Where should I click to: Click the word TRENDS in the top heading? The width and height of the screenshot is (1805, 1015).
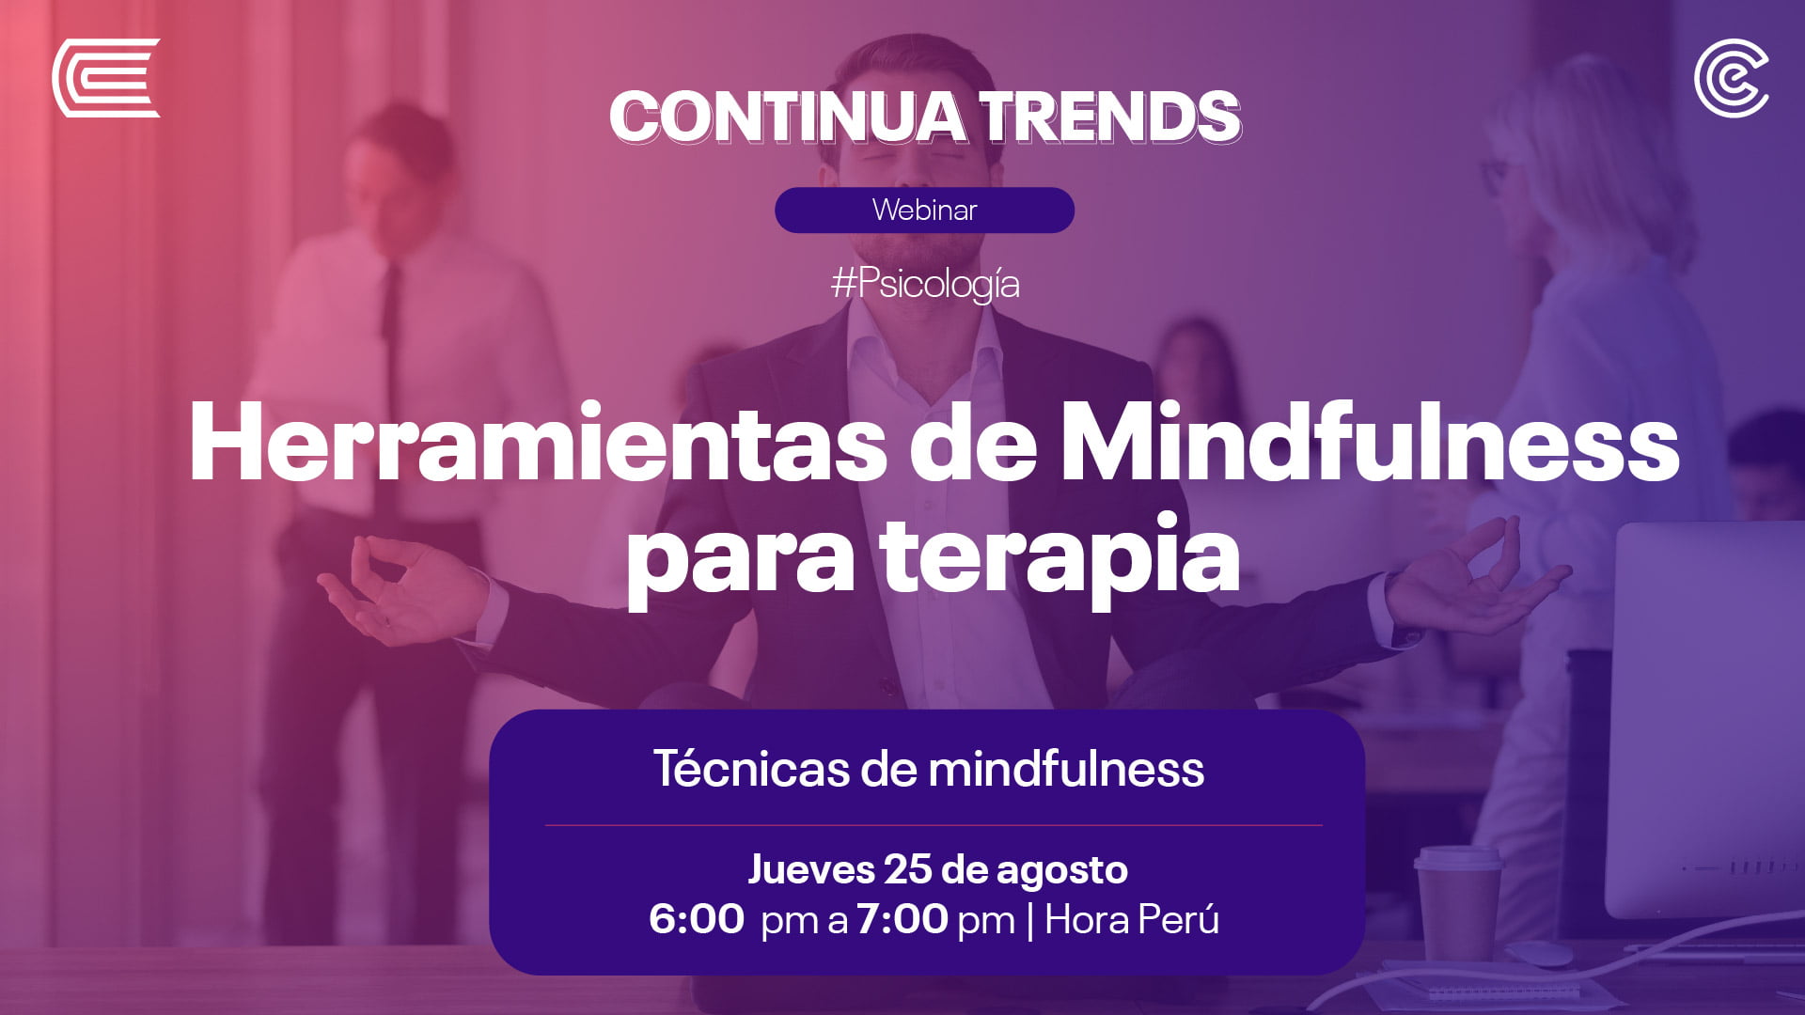tap(1110, 117)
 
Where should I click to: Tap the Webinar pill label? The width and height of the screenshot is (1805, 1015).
tap(924, 210)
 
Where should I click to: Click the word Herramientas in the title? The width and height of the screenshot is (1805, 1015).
tap(538, 443)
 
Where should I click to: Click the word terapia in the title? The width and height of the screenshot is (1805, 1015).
tap(1059, 556)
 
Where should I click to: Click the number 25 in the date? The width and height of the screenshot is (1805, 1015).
tap(907, 869)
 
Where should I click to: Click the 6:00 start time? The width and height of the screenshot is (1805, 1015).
tap(696, 919)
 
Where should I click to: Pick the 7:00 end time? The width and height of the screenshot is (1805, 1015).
tap(902, 919)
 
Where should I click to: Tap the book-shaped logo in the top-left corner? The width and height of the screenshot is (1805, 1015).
tap(105, 78)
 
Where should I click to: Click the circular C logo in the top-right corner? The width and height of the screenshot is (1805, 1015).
tap(1732, 78)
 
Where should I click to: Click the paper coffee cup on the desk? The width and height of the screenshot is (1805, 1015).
tap(1458, 902)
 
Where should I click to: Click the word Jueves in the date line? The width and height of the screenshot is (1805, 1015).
tap(811, 870)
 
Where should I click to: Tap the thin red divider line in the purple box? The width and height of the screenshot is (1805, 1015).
tap(934, 825)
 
